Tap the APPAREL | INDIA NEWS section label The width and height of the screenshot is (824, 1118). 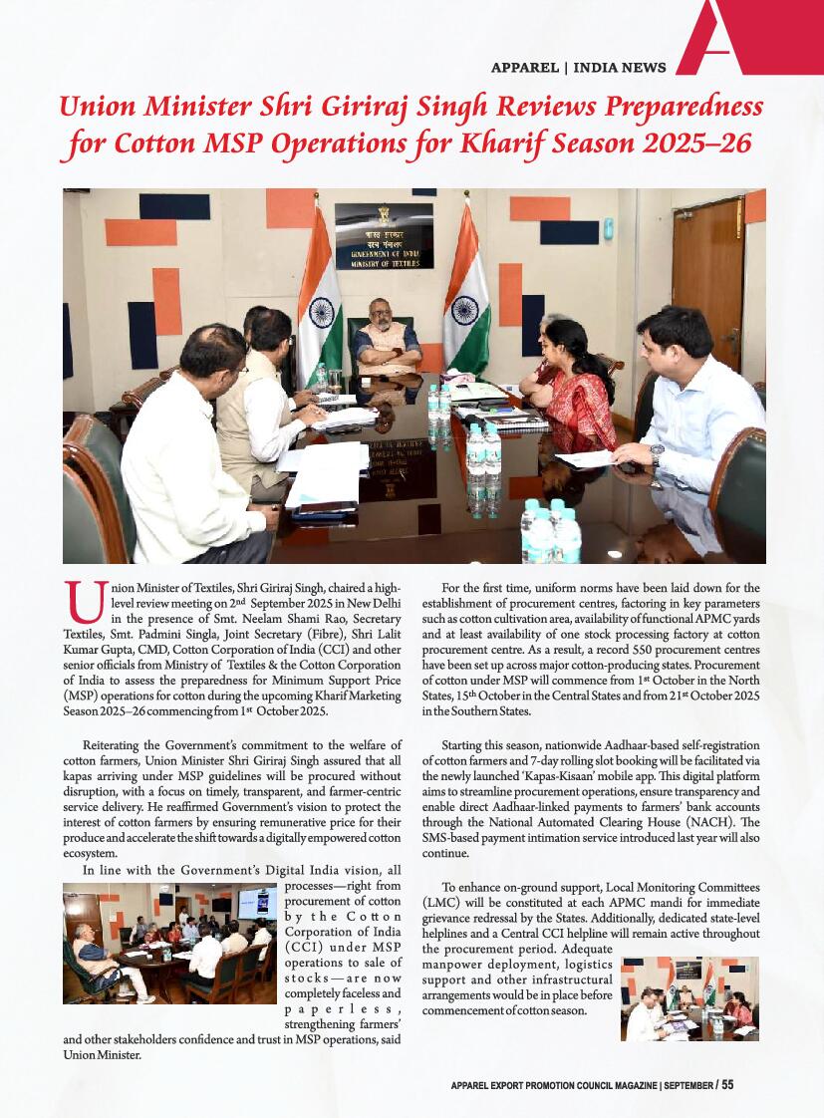click(579, 68)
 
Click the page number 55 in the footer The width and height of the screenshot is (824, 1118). click(727, 1085)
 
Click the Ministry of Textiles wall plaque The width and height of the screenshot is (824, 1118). click(384, 236)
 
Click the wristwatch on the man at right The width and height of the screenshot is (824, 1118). click(656, 453)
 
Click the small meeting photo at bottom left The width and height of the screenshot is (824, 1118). click(169, 945)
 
